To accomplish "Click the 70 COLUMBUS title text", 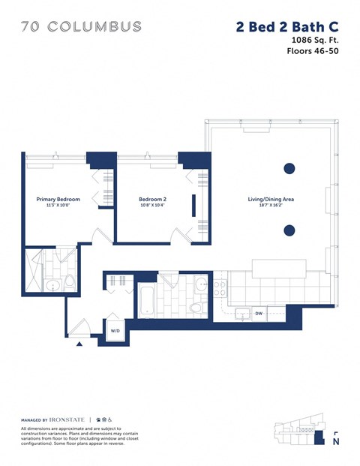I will coord(81,26).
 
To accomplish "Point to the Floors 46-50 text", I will coord(313,52).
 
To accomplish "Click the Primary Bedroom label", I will coord(58,199).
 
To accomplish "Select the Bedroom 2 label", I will coord(151,199).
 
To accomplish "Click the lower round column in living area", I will coord(288,230).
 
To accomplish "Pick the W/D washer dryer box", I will coord(116,330).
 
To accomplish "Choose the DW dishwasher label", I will coord(257,313).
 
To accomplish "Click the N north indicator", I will coord(334,442).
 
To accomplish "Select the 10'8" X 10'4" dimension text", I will coord(151,206).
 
